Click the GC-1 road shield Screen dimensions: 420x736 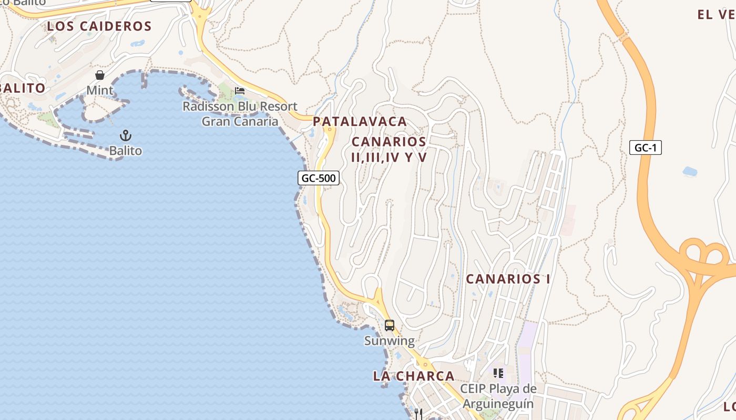[x=645, y=148]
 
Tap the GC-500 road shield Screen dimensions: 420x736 [x=319, y=178]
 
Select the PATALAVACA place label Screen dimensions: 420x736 [x=360, y=121]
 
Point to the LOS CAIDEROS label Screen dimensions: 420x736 [x=99, y=26]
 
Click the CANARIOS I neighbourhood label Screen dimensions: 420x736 [x=508, y=279]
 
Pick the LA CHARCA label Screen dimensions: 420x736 [x=414, y=376]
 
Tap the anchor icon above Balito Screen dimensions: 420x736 [x=125, y=135]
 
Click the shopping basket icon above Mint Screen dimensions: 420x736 [x=100, y=75]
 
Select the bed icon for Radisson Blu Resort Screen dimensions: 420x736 [x=240, y=91]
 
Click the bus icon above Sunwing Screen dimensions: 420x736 [x=389, y=325]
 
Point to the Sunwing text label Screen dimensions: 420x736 [x=390, y=341]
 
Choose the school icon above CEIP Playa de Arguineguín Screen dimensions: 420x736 [x=498, y=373]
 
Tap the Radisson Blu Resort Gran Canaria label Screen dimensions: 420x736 [x=240, y=114]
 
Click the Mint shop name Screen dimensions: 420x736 [x=100, y=90]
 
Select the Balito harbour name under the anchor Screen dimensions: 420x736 [x=126, y=151]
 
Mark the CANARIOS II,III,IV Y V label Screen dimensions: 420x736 [x=389, y=149]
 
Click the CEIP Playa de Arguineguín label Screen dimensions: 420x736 [x=498, y=396]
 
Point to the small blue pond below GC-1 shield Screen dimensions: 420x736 [x=689, y=171]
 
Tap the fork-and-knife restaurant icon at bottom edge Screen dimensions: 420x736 [x=418, y=414]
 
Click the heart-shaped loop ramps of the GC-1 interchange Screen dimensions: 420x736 [x=704, y=255]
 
